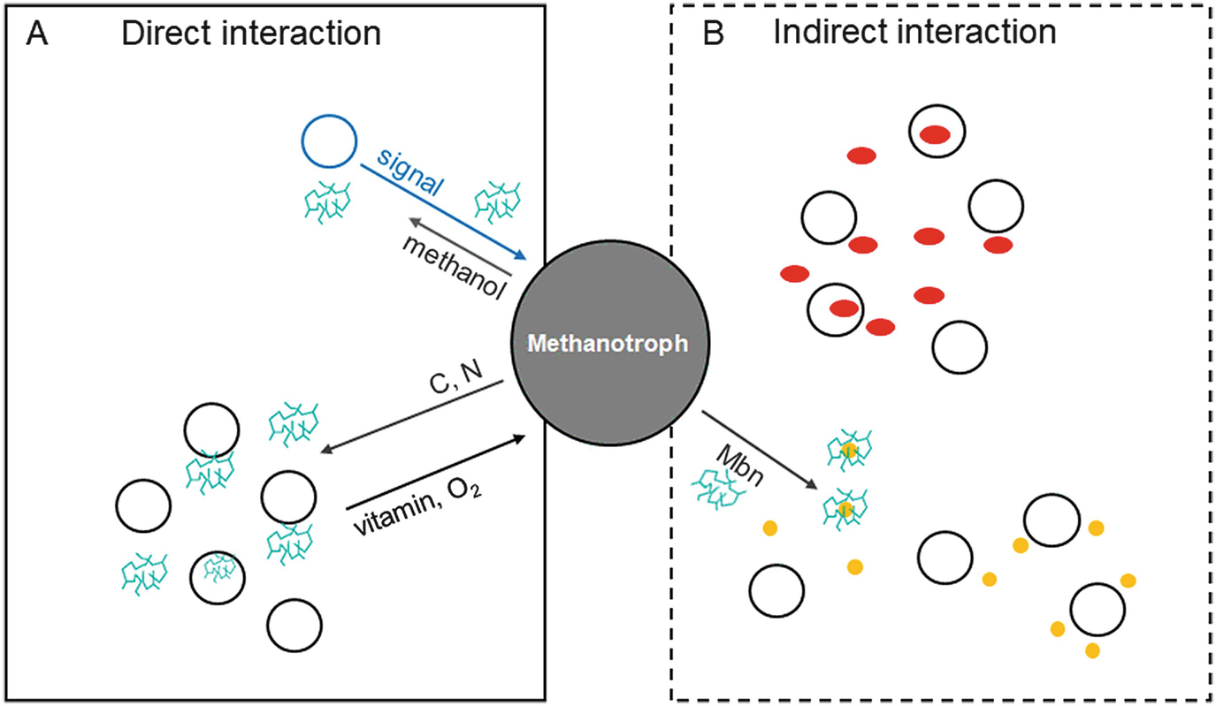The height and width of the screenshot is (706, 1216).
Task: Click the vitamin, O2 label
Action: click(x=420, y=512)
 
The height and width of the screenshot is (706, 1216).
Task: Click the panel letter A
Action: click(x=37, y=34)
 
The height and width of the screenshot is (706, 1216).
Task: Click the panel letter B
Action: click(x=713, y=34)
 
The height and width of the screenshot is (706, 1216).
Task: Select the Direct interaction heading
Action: click(x=251, y=34)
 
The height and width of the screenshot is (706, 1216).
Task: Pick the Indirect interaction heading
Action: click(x=914, y=34)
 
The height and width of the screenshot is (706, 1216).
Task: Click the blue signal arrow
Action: click(x=443, y=212)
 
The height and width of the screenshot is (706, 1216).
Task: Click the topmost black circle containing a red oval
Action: click(x=937, y=133)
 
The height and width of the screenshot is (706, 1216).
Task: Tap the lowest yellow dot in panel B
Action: click(x=1092, y=651)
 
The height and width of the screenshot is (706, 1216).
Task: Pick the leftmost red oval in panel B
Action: click(x=794, y=273)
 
